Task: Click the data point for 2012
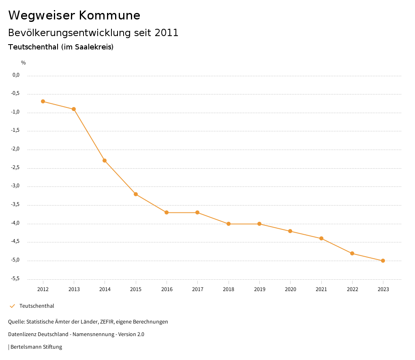43,101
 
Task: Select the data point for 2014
105,161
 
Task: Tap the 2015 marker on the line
136,194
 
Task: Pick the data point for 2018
229,224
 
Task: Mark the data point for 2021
321,238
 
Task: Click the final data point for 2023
383,261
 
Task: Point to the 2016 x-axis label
167,289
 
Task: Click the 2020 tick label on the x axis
290,289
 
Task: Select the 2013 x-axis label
74,289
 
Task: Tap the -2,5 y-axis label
15,168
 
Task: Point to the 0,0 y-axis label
16,75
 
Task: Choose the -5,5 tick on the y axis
15,279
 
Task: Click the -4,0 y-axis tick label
15,223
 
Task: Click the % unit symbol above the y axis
24,63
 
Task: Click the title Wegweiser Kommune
74,15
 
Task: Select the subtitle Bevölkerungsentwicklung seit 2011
93,33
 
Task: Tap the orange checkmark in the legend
12,306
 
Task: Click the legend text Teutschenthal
36,306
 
